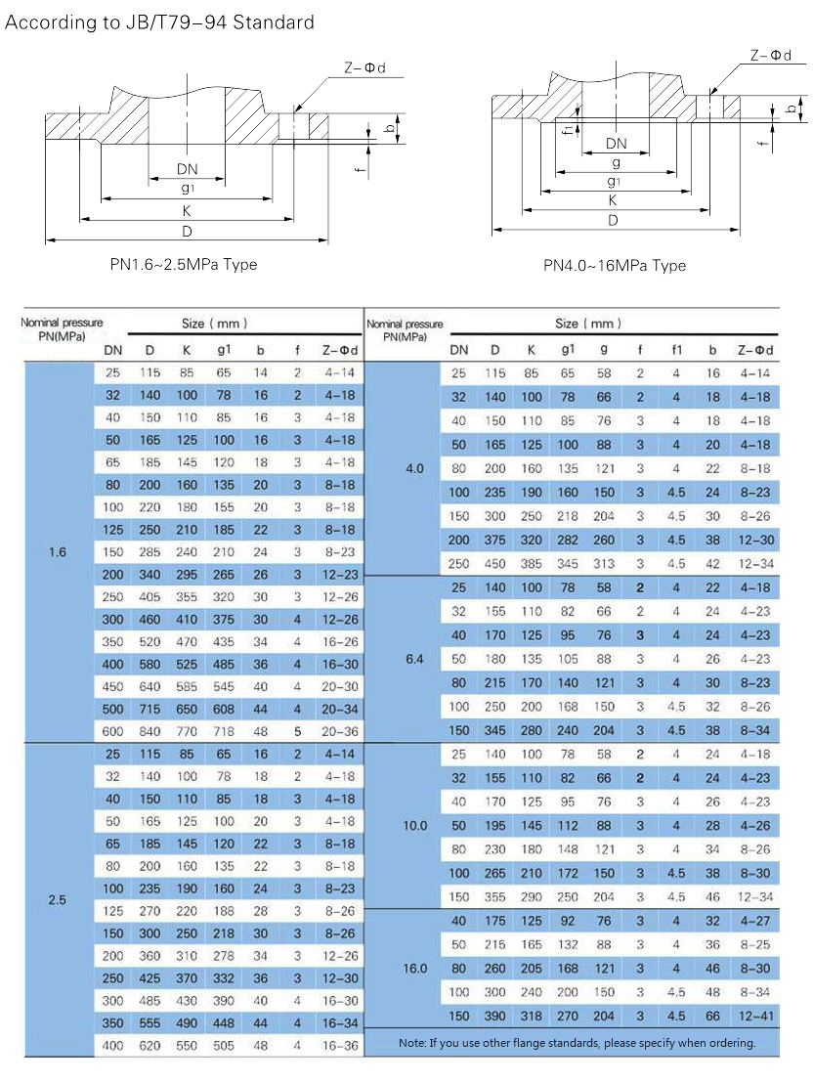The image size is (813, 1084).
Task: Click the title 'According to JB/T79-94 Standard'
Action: [x=159, y=22]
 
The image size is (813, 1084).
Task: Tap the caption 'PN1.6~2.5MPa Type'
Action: [x=183, y=264]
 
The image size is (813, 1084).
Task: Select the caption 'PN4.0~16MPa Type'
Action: [x=615, y=266]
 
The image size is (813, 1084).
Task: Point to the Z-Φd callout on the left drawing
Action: [x=365, y=67]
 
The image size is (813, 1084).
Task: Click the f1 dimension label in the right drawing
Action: [x=568, y=129]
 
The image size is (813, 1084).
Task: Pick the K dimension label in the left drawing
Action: [x=186, y=211]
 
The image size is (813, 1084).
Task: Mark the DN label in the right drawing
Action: [x=616, y=144]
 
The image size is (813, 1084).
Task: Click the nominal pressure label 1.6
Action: [x=58, y=552]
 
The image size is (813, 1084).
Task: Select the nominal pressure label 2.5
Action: [x=58, y=900]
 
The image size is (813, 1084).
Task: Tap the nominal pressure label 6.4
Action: [x=414, y=660]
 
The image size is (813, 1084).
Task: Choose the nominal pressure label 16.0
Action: [x=414, y=969]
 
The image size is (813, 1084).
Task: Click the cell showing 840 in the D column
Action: [x=150, y=731]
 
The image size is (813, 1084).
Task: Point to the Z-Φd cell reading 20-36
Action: [x=340, y=731]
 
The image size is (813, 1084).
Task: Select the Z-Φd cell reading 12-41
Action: [x=755, y=1017]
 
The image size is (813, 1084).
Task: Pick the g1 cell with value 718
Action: [x=224, y=731]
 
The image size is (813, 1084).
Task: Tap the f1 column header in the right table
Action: [x=676, y=350]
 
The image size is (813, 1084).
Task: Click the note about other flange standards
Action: [x=578, y=1043]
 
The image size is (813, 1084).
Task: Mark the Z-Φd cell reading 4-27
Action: [x=755, y=921]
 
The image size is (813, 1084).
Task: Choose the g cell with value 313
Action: [x=604, y=564]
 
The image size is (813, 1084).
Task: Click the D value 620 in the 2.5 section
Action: [x=150, y=1046]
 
